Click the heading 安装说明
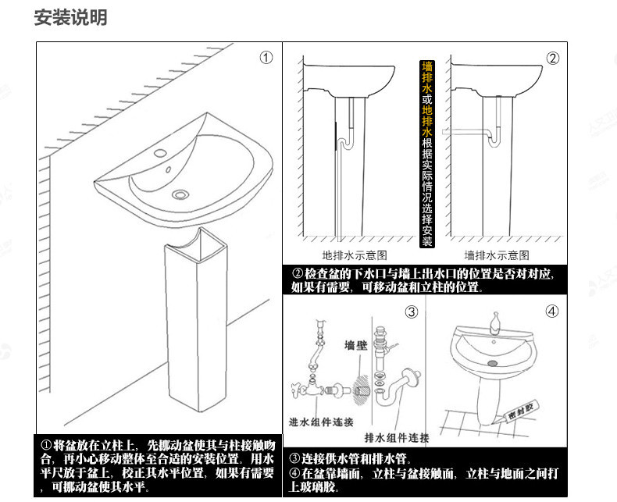(70, 17)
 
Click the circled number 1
(266, 57)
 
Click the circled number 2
(552, 58)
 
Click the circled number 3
(412, 312)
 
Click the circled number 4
(552, 312)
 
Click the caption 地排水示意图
(355, 255)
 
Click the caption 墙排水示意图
(498, 255)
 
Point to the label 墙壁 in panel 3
(356, 344)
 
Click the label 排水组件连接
(397, 436)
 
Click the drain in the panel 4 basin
(492, 361)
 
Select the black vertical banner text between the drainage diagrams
(426, 153)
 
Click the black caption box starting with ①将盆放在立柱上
(158, 465)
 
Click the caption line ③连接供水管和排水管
(351, 458)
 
